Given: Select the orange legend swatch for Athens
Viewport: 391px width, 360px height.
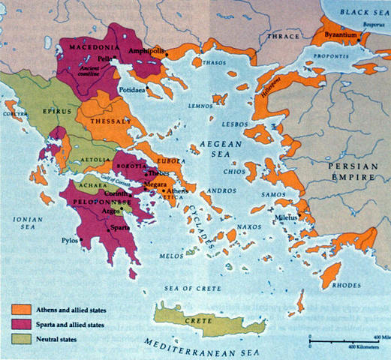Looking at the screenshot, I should coord(20,309).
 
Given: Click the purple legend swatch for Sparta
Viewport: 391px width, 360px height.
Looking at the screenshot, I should coord(20,324).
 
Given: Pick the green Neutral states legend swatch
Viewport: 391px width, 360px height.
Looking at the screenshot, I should coord(20,339).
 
